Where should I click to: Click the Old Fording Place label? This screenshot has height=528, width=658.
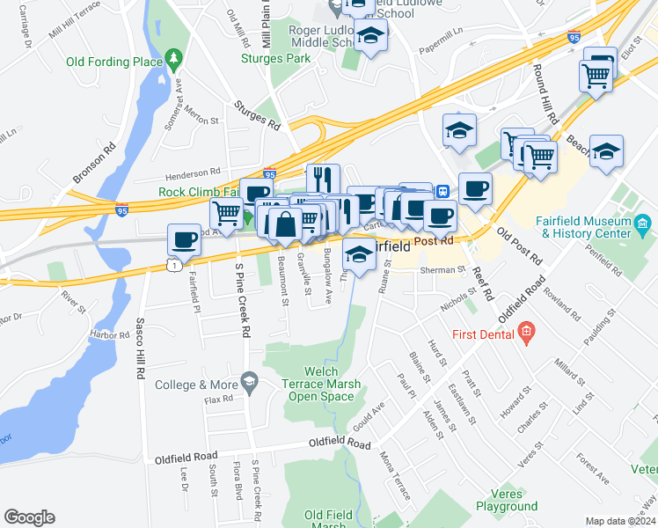point(113,62)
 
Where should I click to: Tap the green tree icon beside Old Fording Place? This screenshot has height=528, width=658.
point(174,60)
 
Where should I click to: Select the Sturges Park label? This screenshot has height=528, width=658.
point(276,59)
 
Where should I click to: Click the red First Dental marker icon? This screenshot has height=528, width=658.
point(526,332)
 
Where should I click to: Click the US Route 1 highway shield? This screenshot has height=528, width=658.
point(173,264)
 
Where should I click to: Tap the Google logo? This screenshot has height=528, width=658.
point(29,517)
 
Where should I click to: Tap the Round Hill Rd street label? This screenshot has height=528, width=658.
point(542,92)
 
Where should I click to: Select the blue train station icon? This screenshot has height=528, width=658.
point(445,191)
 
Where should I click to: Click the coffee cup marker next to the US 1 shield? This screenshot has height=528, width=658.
point(184,238)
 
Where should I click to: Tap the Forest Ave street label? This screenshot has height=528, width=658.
point(593,468)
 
